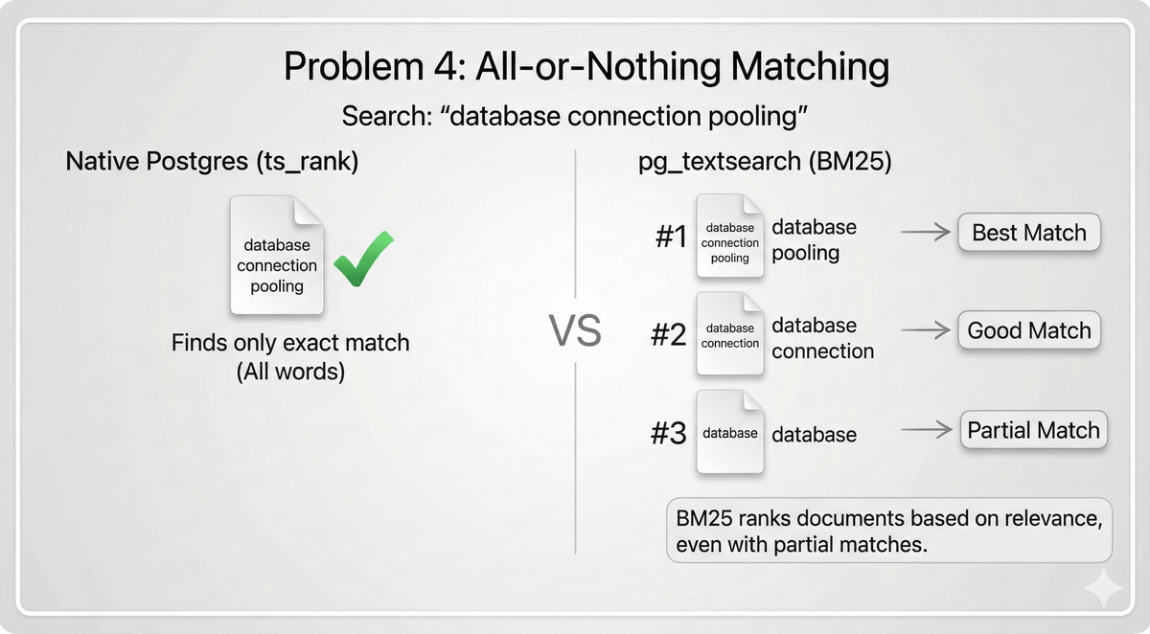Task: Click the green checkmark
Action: (363, 259)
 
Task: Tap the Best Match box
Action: (1029, 234)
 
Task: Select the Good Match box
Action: (1029, 331)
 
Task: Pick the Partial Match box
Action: (1033, 431)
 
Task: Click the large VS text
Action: (575, 331)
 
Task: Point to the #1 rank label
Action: (671, 237)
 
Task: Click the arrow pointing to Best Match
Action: (924, 233)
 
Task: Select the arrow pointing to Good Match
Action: (924, 331)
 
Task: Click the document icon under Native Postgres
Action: (277, 256)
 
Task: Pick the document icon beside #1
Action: (730, 237)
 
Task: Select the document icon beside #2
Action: (730, 334)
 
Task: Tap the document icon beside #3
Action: (730, 433)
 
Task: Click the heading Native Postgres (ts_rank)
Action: (212, 161)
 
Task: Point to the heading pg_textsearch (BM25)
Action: (765, 161)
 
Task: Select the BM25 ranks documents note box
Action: (888, 531)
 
